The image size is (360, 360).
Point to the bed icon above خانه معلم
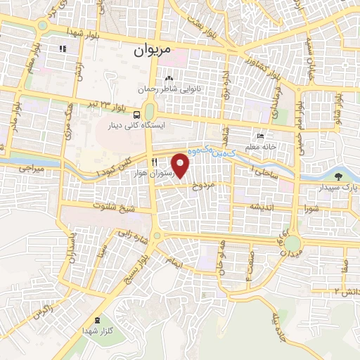(x=261, y=136)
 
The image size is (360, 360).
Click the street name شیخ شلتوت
(x=115, y=207)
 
